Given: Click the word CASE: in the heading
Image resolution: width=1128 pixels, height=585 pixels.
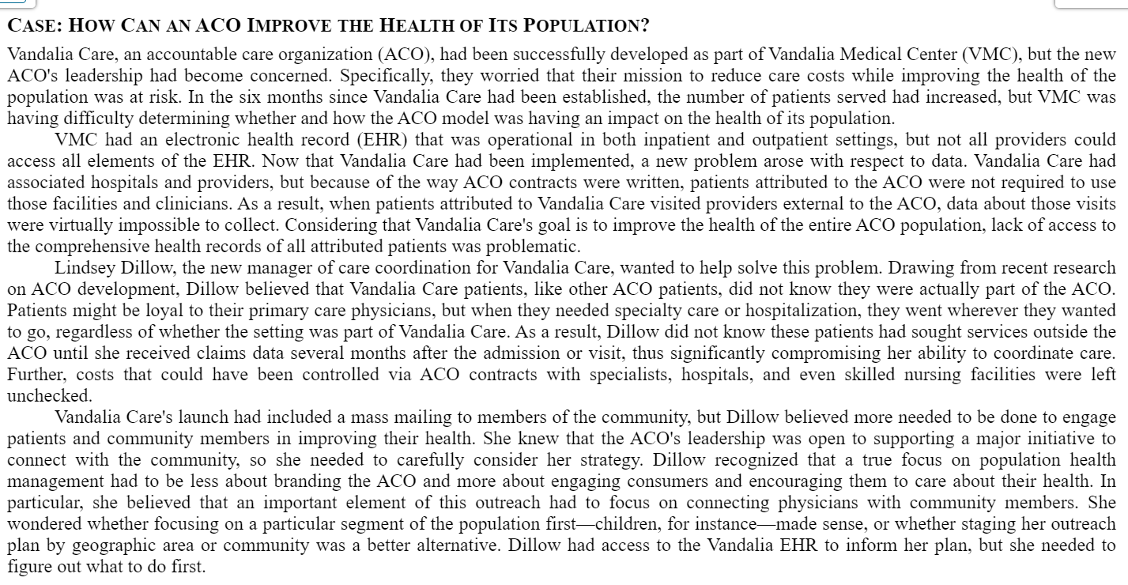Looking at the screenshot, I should coord(36,25).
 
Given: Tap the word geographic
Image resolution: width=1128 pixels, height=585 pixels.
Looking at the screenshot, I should coord(112,545).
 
